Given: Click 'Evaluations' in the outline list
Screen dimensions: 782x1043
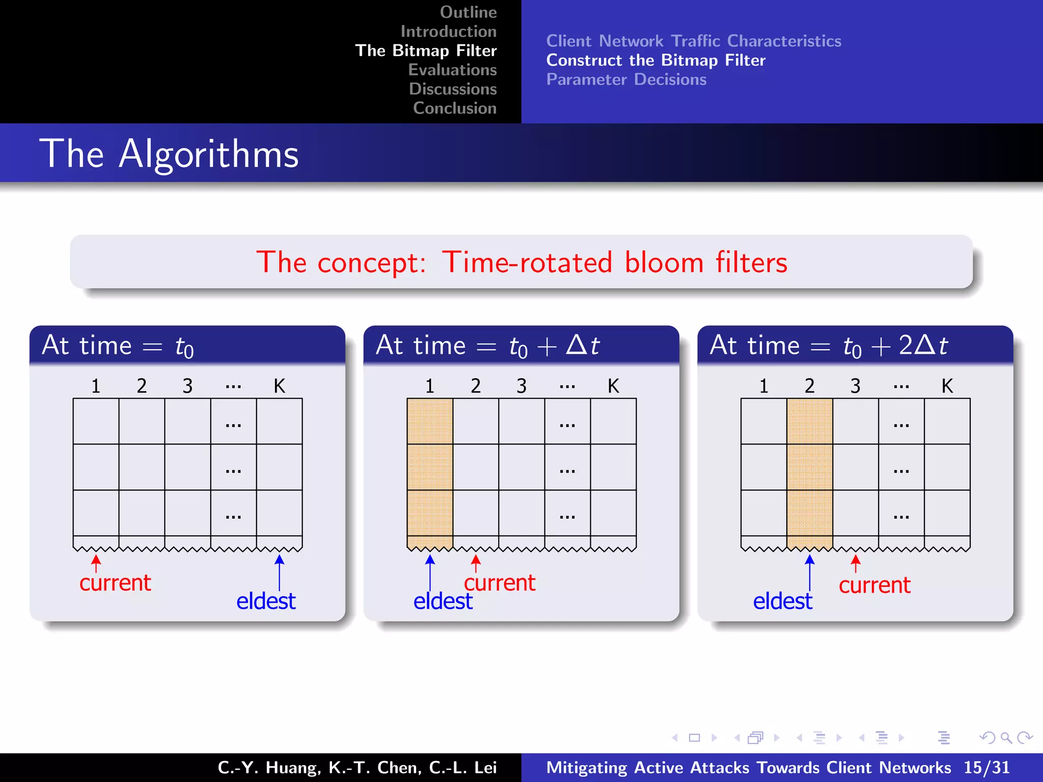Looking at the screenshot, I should click(x=452, y=70).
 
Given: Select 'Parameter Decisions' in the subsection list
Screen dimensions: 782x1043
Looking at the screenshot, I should click(x=626, y=79).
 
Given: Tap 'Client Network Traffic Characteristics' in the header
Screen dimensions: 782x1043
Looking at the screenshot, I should click(x=693, y=41).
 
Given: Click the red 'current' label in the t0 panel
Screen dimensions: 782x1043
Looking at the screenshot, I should click(x=115, y=582).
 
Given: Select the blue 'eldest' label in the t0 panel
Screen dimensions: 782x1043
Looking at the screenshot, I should click(x=266, y=601).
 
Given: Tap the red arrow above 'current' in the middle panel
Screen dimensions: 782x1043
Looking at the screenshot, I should click(x=476, y=563).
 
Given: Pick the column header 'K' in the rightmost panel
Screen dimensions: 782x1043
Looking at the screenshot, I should click(x=947, y=386).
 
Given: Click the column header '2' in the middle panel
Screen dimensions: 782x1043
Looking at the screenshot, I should click(x=476, y=386).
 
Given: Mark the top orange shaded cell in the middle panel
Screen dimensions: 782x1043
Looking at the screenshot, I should click(x=430, y=421).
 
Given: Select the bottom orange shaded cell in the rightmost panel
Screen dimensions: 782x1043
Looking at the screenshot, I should click(x=809, y=513).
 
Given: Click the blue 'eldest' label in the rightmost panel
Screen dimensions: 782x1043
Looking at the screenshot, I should click(x=782, y=601).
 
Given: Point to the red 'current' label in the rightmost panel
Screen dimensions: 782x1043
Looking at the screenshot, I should click(x=874, y=585).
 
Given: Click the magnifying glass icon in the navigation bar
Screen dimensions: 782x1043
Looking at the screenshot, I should click(x=1005, y=738).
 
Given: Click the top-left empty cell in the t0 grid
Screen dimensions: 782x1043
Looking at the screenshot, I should click(x=96, y=421).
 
